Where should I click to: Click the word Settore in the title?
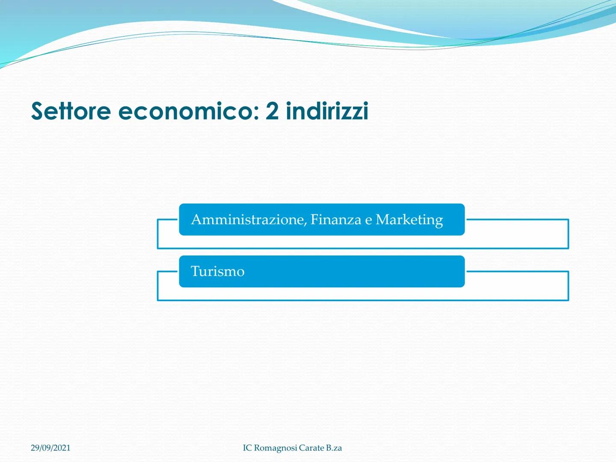click(71, 111)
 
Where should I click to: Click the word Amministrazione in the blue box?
click(249, 219)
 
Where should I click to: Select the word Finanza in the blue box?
click(336, 219)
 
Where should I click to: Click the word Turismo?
click(217, 271)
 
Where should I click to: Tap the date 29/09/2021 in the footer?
click(50, 448)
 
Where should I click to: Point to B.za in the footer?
click(334, 448)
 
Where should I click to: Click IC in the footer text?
click(247, 448)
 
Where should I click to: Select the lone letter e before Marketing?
click(368, 221)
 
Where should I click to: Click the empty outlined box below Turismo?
click(363, 300)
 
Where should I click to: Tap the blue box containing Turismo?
click(322, 271)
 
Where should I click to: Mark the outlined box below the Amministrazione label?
click(363, 248)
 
